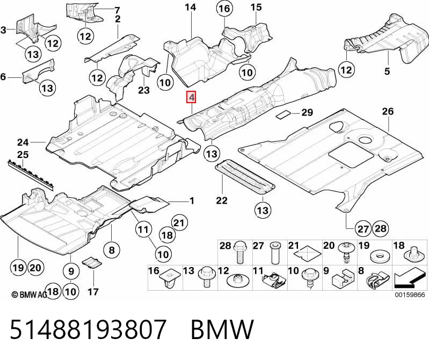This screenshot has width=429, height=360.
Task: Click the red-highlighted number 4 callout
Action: (x=191, y=97)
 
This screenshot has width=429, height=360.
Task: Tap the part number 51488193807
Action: (x=88, y=329)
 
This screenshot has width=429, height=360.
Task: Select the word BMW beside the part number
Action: (x=222, y=329)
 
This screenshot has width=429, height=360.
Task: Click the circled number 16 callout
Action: (x=224, y=9)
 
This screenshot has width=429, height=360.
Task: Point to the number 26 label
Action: (x=388, y=111)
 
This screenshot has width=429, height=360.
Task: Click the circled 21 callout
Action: (x=179, y=223)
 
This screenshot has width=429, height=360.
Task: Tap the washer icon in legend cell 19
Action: (x=380, y=257)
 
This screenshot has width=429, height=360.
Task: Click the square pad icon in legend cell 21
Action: (x=308, y=254)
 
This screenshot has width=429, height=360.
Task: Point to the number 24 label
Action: (x=23, y=142)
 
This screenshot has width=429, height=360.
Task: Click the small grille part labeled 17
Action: (x=92, y=263)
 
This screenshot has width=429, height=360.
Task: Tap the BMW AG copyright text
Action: (x=30, y=294)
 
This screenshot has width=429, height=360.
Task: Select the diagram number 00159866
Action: (x=410, y=294)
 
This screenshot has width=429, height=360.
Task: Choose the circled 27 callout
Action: (x=363, y=228)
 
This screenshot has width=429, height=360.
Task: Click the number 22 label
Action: (x=222, y=200)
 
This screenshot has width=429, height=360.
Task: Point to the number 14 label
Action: (x=190, y=8)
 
